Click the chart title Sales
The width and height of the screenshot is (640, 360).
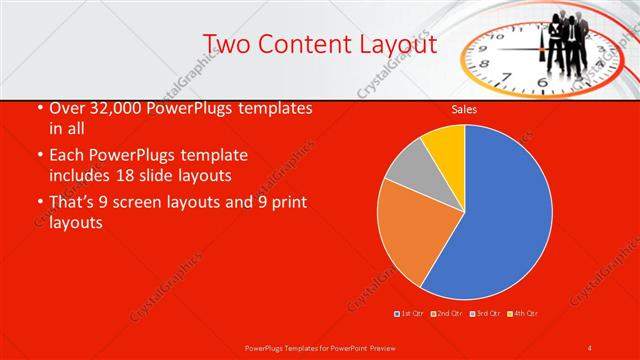pyautogui.click(x=463, y=108)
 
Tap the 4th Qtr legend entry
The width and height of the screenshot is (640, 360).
pyautogui.click(x=524, y=313)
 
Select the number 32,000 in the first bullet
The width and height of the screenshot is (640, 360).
pyautogui.click(x=118, y=108)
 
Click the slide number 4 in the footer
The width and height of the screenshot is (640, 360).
pyautogui.click(x=590, y=347)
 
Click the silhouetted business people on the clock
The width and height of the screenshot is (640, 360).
pyautogui.click(x=565, y=40)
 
